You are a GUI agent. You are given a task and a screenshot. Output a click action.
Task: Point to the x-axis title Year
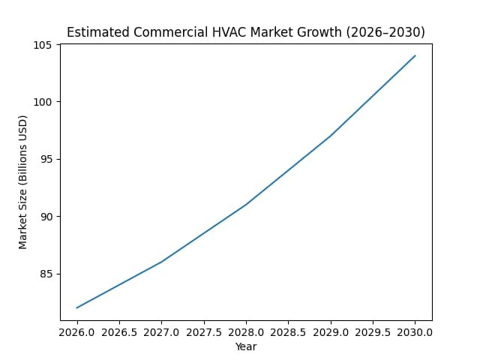pos(246,346)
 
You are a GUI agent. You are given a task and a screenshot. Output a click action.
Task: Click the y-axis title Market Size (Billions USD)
pos(23,182)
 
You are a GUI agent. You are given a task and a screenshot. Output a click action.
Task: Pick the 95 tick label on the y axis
pos(46,159)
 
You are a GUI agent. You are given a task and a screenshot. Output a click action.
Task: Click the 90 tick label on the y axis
pos(46,217)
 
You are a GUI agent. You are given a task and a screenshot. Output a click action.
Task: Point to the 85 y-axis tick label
pos(46,274)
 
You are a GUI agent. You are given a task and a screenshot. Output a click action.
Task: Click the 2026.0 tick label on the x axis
pos(77,331)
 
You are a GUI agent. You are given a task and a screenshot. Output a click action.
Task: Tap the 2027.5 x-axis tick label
pos(204,331)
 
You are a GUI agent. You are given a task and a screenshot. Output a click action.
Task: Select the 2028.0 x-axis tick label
pos(246,331)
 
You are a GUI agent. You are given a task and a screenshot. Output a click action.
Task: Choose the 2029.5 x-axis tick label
pos(373,331)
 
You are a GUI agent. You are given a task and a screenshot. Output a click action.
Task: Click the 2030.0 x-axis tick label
pos(415,331)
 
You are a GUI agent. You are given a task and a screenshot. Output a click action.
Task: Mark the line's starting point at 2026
pos(77,307)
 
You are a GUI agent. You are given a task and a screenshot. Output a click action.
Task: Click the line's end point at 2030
pos(415,55)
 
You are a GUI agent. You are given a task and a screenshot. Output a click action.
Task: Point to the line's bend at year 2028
pos(246,204)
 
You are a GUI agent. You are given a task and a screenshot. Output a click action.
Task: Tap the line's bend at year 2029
pos(331,136)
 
